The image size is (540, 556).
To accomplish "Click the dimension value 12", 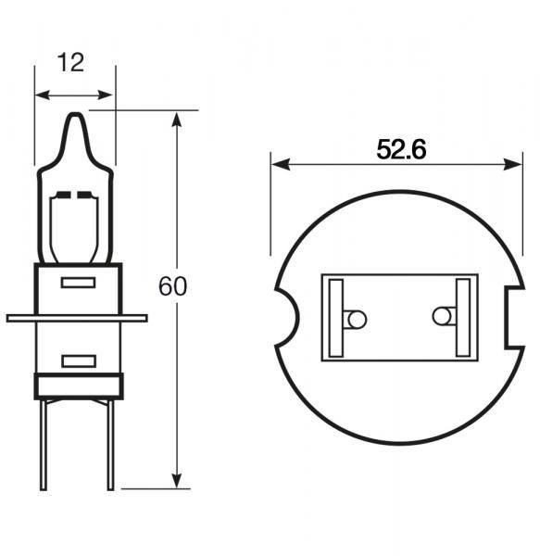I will coord(71,62).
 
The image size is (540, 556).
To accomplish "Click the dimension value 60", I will coord(172,286).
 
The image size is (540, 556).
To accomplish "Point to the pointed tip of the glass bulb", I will coord(75,115).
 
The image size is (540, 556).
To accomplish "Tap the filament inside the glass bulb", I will coord(75,196).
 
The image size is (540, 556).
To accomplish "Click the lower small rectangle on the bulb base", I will coord(78,360).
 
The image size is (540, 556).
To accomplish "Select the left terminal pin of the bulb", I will coord(43,445).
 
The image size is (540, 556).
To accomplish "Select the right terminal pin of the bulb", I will coord(110,445).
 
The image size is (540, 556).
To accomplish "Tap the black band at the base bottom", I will coord(78,386).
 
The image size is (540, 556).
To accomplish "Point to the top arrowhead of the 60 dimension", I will coord(177,118).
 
